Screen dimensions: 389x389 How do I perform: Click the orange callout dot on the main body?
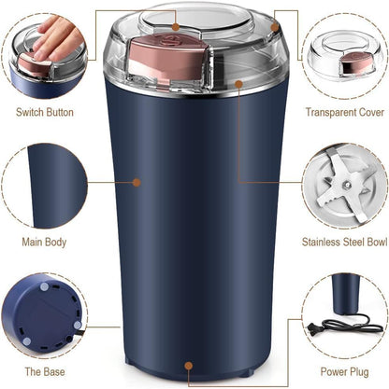click(x=137, y=183)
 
